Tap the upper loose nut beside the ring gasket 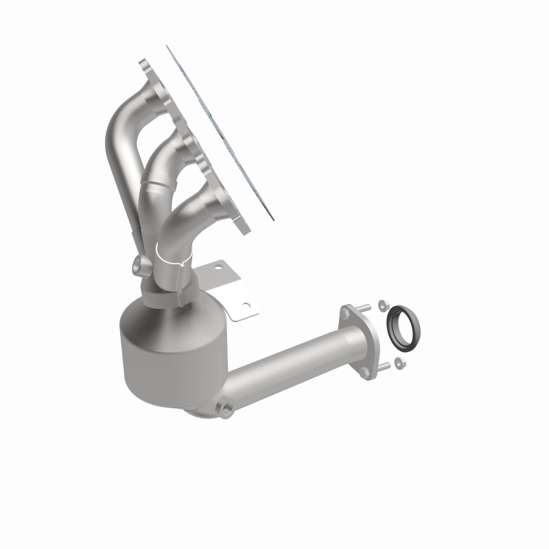pyautogui.click(x=382, y=303)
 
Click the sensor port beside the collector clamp pyautogui.click(x=137, y=264)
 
